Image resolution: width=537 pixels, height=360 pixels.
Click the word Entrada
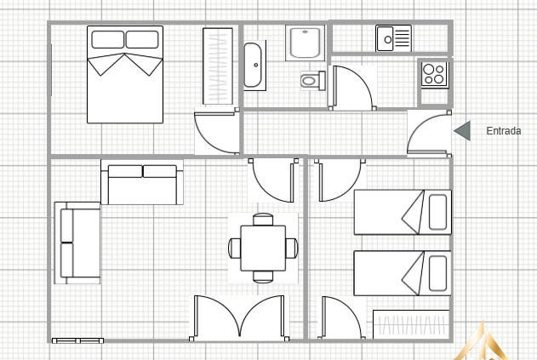point(504,131)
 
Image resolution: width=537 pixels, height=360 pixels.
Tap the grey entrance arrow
point(462,130)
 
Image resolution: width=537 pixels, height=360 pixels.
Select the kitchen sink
point(393,38)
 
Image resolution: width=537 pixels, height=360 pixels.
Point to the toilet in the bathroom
point(312,81)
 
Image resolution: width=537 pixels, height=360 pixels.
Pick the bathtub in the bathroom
point(254,66)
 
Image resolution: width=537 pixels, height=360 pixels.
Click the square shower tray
point(305,43)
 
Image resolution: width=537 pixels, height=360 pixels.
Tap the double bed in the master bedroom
point(125,74)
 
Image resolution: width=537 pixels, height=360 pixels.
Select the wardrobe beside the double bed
point(218,66)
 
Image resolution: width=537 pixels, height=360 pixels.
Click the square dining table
point(263,248)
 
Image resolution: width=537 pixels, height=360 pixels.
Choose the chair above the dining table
point(263,220)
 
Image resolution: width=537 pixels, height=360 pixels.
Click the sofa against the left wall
point(77,243)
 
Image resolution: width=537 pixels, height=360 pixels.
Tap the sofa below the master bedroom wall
point(142,182)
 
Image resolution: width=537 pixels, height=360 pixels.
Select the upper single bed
point(403,212)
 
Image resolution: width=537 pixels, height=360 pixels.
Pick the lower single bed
point(403,273)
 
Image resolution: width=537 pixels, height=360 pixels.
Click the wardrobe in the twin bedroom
point(411,324)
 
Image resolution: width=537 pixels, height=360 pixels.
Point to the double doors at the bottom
point(239,317)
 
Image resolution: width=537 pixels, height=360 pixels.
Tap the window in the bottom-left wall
point(77,340)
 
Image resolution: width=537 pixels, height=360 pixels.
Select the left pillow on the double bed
point(107,39)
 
